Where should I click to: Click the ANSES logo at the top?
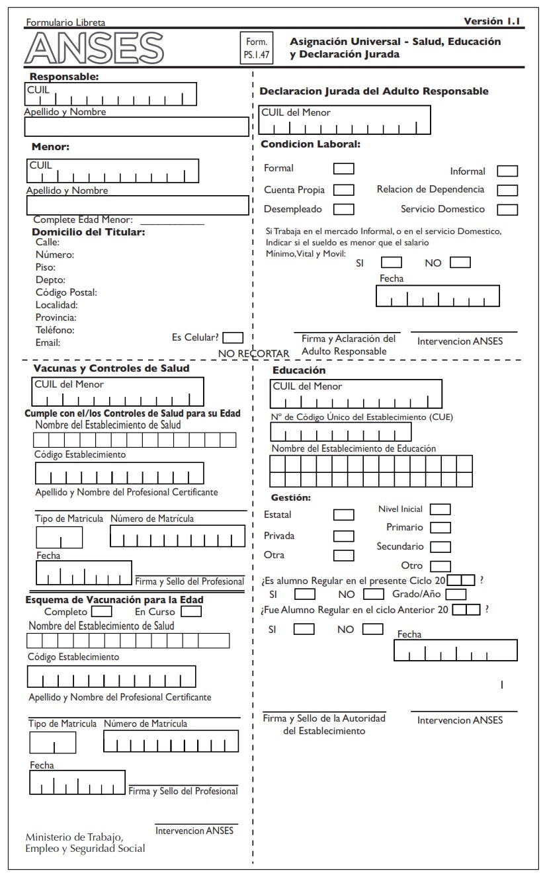point(94,48)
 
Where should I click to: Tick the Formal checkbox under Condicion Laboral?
point(343,169)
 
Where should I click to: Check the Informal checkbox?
point(507,171)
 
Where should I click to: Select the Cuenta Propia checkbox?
point(343,190)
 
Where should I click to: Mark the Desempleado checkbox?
point(343,209)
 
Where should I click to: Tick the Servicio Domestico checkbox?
point(507,210)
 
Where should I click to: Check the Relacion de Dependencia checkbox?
point(507,190)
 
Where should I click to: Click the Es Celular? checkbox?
point(233,337)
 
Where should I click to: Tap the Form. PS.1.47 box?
point(256,48)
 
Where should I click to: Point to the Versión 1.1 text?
point(491,21)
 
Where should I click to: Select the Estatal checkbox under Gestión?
point(343,515)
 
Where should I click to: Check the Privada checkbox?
point(343,536)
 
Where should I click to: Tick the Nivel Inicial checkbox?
point(440,509)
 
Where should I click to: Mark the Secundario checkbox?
point(440,547)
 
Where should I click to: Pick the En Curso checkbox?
point(191,612)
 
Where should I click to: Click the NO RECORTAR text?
point(254,354)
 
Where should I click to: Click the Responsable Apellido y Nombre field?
point(137,126)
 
